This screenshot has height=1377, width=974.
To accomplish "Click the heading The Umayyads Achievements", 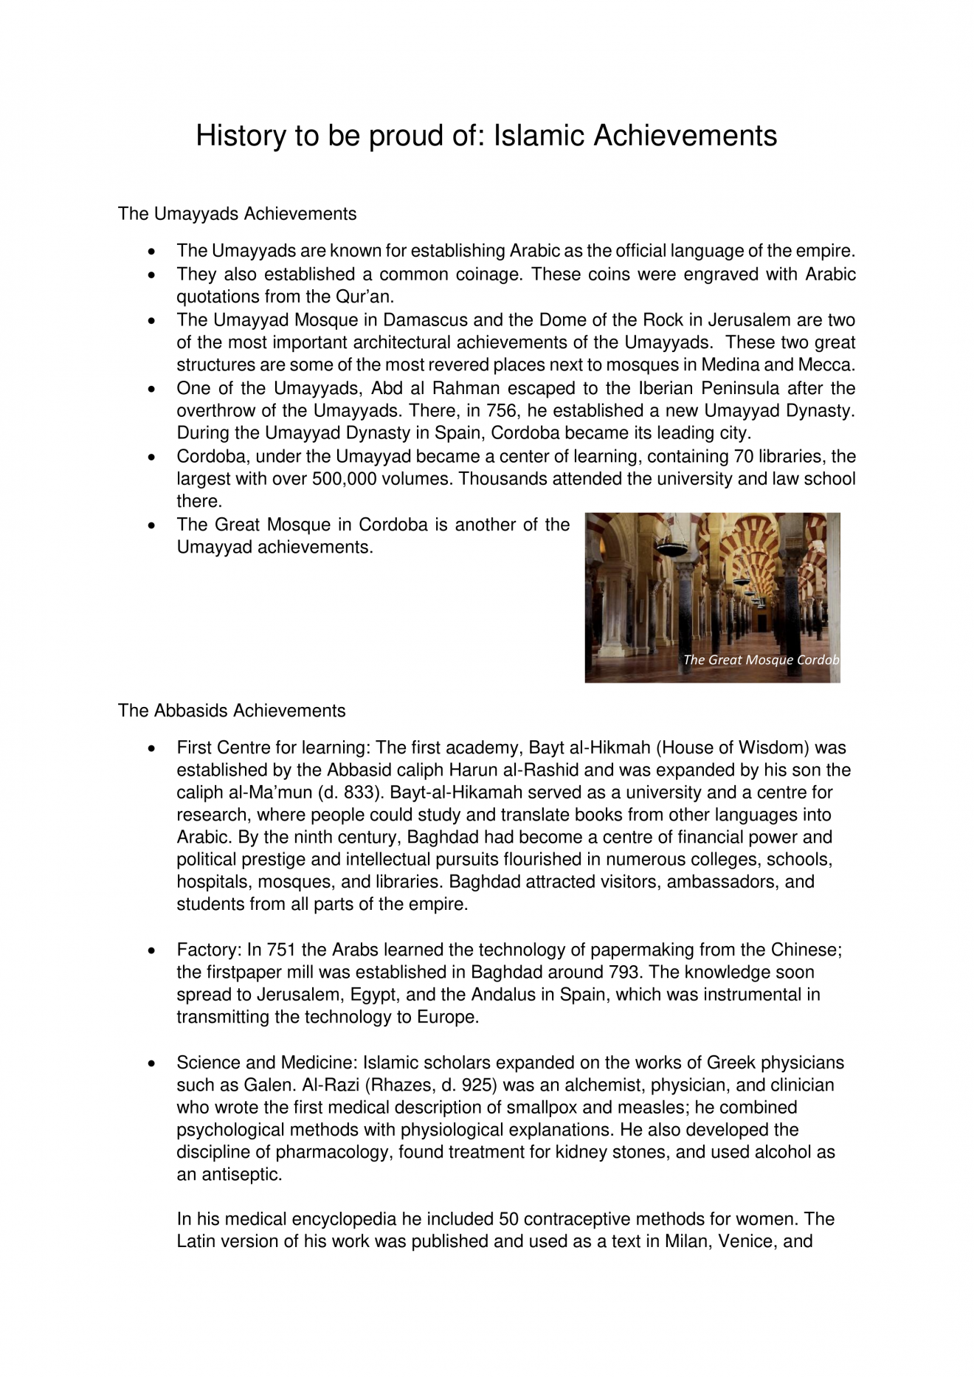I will pyautogui.click(x=237, y=214).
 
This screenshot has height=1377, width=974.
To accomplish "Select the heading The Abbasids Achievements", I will pyautogui.click(x=231, y=711).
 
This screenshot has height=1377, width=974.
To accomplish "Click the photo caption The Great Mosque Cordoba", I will pyautogui.click(x=760, y=660).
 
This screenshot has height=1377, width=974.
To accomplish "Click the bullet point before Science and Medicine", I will pyautogui.click(x=151, y=1063).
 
